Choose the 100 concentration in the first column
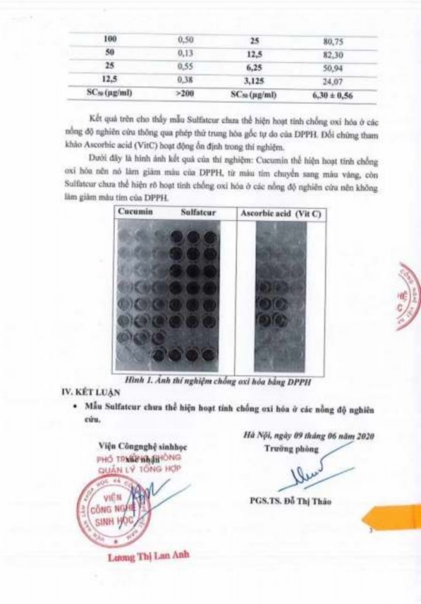pyautogui.click(x=110, y=41)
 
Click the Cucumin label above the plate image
pyautogui.click(x=137, y=212)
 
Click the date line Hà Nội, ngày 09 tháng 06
pyautogui.click(x=304, y=436)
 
